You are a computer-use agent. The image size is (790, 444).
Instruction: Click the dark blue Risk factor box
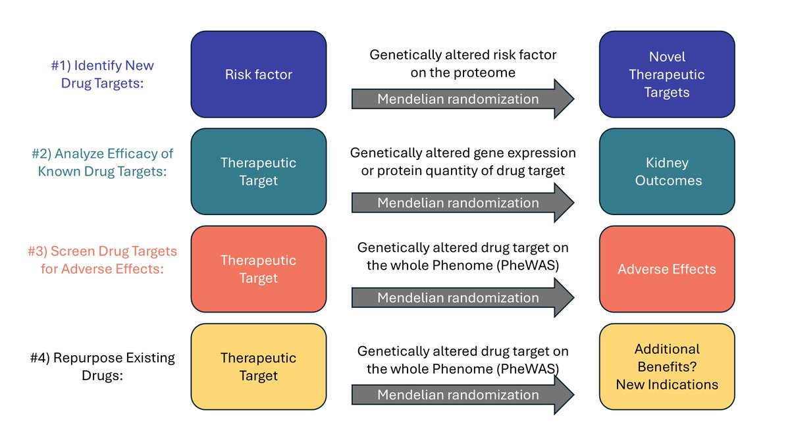258,74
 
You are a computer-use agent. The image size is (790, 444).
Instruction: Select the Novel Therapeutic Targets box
666,74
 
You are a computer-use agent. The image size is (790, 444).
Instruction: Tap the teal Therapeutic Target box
258,171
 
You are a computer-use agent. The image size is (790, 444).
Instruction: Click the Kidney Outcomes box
666,171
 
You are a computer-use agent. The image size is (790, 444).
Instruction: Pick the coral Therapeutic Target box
258,269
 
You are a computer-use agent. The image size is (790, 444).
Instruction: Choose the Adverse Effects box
666,269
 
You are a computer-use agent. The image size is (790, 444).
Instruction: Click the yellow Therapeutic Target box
258,366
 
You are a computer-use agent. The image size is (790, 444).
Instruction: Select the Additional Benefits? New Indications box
666,366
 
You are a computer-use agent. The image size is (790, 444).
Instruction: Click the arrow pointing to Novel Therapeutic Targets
461,99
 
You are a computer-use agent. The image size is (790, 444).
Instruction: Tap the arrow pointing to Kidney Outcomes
461,203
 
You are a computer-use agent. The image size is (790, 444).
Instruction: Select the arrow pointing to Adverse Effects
461,298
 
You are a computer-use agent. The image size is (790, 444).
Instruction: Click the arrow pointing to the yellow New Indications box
461,395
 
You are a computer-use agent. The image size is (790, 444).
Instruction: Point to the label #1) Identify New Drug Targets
102,75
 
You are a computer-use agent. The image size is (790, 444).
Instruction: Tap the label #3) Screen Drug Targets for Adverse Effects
102,260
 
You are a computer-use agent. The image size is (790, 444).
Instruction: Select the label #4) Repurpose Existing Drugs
102,367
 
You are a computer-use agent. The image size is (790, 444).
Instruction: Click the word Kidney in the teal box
667,162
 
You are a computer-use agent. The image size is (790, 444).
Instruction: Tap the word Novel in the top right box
667,57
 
